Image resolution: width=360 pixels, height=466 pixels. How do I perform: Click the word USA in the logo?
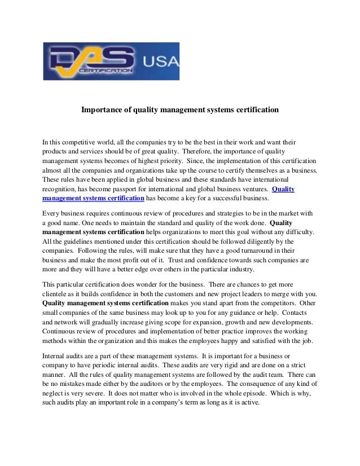tap(162, 60)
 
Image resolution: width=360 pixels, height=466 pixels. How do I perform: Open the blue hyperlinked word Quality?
tap(283, 189)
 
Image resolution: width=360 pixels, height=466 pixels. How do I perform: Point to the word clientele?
tap(57, 294)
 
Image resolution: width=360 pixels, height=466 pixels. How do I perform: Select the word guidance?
tap(237, 314)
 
